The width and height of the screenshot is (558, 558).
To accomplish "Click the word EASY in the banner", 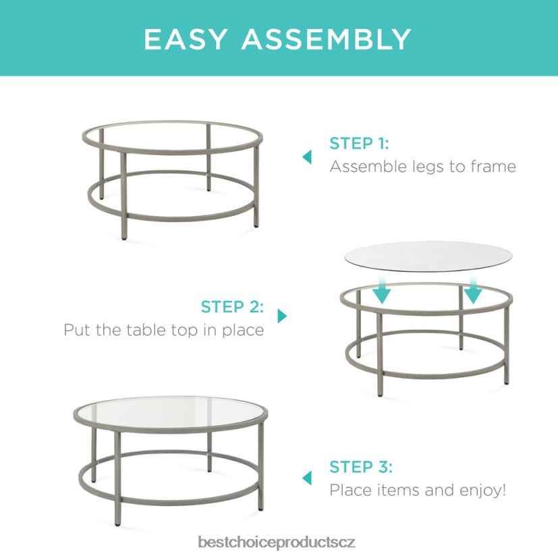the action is pos(186,39).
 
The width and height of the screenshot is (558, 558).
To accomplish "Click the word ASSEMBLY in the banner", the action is pos(327,39).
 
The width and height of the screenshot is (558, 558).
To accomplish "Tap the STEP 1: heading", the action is pos(359,144).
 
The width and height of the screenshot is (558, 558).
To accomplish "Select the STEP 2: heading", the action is pos(232,306).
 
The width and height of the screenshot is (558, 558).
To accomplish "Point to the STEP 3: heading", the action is pos(361,467).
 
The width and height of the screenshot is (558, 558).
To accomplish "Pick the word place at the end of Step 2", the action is pos(243,330).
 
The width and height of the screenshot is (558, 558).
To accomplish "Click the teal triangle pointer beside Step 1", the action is pos(307,157).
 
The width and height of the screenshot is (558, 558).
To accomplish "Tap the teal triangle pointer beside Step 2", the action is pos(282,316).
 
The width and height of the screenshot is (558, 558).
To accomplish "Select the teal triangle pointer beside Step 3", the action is pos(307,478).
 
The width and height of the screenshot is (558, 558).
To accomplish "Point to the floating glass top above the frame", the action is pos(428,256).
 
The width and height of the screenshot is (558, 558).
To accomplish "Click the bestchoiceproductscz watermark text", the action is pos(277,542).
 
